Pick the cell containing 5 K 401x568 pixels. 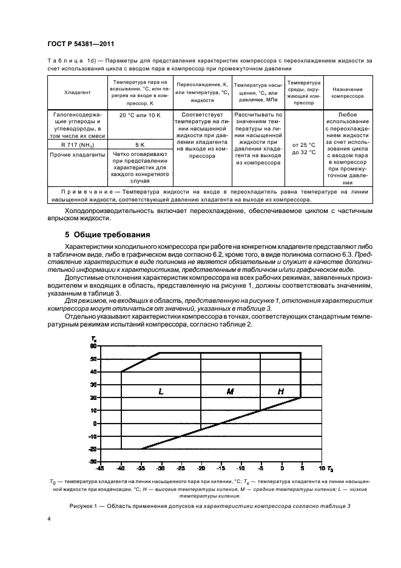coord(140,146)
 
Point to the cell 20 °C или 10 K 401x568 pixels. coord(140,115)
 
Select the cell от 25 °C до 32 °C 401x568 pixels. coord(303,149)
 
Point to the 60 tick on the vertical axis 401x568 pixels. coord(93,346)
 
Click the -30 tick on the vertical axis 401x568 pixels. coord(92,462)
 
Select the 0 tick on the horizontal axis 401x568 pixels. coord(281,468)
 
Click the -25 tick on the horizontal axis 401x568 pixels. coord(181,468)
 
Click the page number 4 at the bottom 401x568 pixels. coord(50,519)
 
